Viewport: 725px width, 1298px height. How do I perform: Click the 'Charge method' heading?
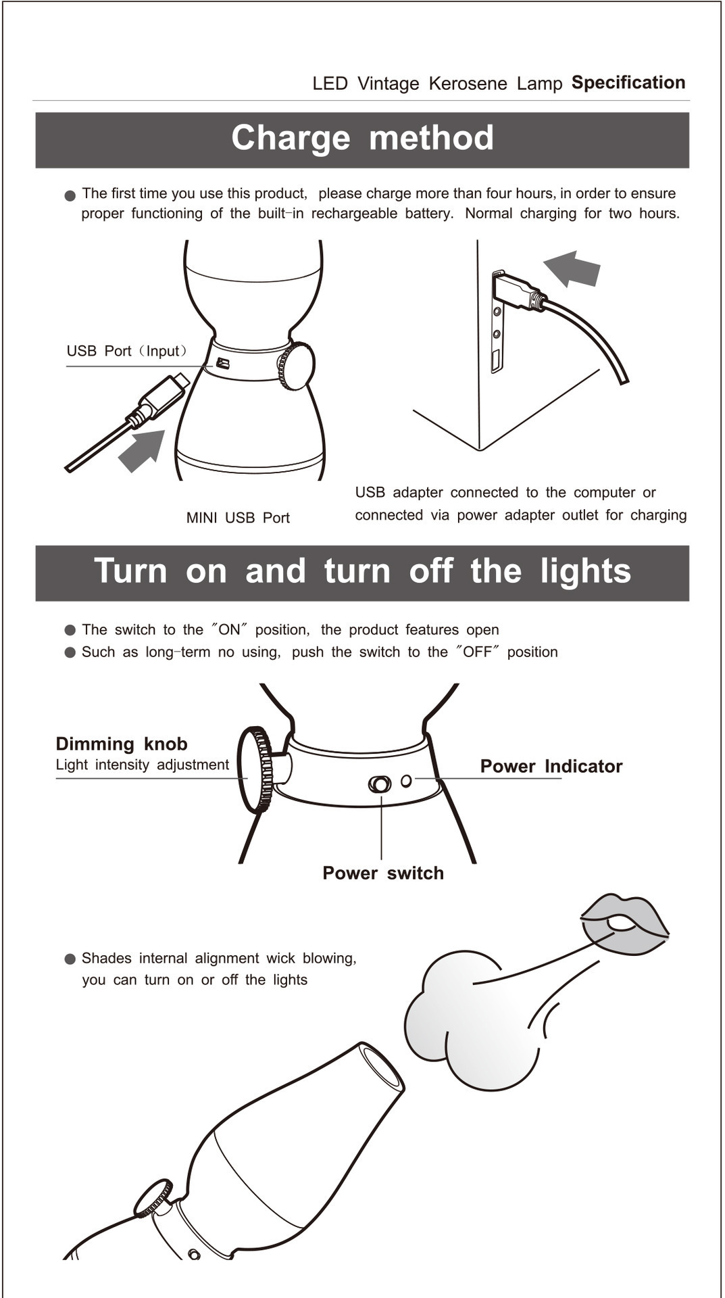(x=362, y=139)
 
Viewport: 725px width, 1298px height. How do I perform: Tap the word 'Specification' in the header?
(x=628, y=82)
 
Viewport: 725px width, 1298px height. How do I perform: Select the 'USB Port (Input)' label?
(x=126, y=352)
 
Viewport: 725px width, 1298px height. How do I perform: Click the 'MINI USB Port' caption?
(x=238, y=518)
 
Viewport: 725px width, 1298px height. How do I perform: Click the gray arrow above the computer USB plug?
(x=572, y=268)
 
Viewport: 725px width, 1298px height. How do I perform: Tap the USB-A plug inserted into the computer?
(x=516, y=291)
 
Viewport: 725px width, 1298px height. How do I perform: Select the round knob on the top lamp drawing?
(x=297, y=366)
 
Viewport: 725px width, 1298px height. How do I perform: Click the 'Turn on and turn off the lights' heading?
(x=362, y=571)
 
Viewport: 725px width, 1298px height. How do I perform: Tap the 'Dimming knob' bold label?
(x=122, y=744)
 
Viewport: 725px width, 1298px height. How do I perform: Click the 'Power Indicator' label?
(x=551, y=767)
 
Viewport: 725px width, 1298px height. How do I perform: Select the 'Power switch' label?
(x=383, y=873)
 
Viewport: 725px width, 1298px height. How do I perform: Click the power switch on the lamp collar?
(x=380, y=784)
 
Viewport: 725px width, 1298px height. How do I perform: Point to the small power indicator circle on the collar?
(x=406, y=781)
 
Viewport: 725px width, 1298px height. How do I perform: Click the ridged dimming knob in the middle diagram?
(x=255, y=770)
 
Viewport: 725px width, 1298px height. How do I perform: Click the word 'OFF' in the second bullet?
(x=478, y=652)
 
